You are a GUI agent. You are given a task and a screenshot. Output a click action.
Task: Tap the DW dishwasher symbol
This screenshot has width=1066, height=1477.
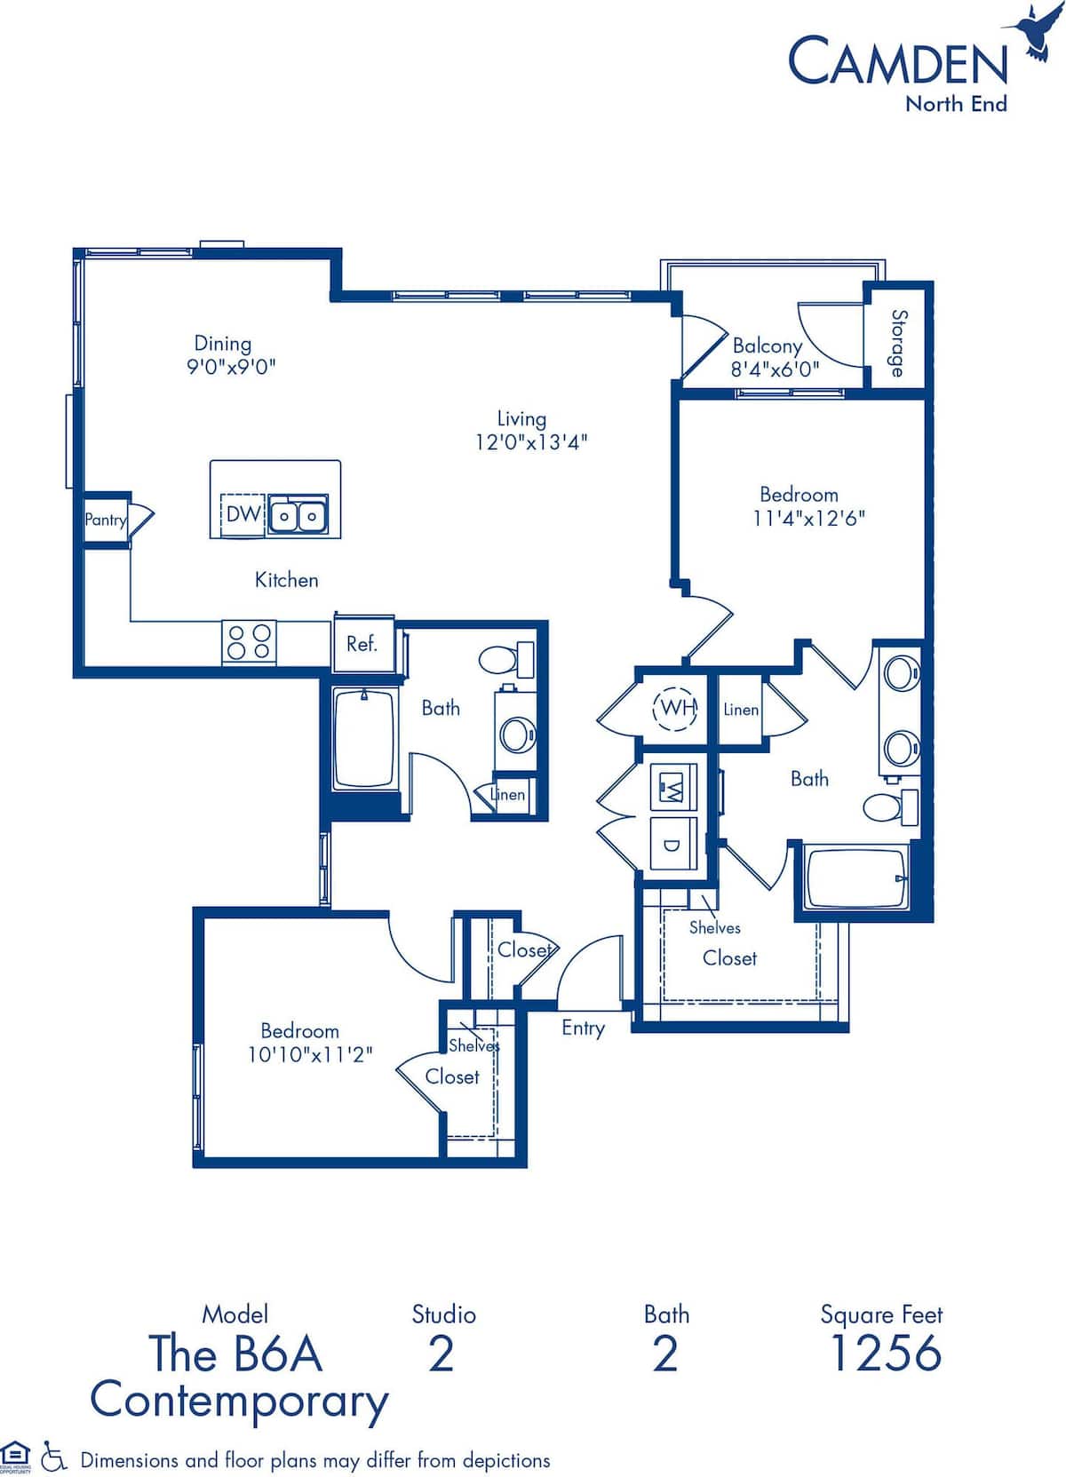pyautogui.click(x=242, y=514)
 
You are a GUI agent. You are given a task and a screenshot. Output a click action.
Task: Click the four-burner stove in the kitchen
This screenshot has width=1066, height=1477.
pyautogui.click(x=249, y=641)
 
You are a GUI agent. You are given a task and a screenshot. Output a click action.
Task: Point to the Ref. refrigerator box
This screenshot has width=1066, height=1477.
pyautogui.click(x=362, y=644)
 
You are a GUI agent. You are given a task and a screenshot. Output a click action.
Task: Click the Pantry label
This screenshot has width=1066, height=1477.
pyautogui.click(x=105, y=520)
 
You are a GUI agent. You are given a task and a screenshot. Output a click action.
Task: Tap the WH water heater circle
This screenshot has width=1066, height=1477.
pyautogui.click(x=677, y=708)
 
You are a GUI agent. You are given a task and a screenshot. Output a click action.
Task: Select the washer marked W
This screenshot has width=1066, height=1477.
pyautogui.click(x=672, y=787)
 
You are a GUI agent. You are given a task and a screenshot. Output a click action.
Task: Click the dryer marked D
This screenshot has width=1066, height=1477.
pyautogui.click(x=672, y=845)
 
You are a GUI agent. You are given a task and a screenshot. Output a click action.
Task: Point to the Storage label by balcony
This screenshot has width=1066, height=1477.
pyautogui.click(x=899, y=343)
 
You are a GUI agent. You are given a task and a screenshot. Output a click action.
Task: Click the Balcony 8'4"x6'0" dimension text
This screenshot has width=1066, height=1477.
pyautogui.click(x=775, y=369)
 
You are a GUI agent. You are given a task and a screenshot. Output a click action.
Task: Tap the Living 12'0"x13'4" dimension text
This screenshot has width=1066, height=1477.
pyautogui.click(x=531, y=441)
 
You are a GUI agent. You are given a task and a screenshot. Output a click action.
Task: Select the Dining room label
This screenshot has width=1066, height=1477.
pyautogui.click(x=223, y=344)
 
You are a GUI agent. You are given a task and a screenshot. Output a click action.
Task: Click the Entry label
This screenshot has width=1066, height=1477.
pyautogui.click(x=583, y=1028)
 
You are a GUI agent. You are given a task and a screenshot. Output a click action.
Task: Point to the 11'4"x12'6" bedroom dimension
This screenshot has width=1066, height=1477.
pyautogui.click(x=808, y=518)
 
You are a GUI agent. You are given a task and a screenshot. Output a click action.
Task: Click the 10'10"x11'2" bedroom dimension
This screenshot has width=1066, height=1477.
pyautogui.click(x=309, y=1054)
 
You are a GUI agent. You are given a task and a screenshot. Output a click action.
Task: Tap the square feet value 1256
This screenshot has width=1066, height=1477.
pyautogui.click(x=884, y=1353)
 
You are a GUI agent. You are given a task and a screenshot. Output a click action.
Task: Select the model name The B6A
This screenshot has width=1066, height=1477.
pyautogui.click(x=235, y=1354)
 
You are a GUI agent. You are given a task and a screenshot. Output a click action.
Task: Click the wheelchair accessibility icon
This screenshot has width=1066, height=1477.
pyautogui.click(x=55, y=1458)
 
